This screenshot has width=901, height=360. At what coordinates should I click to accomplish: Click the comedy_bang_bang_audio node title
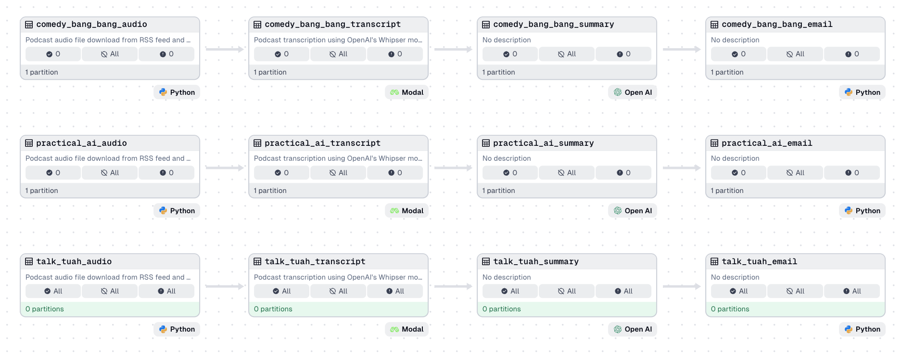click(91, 25)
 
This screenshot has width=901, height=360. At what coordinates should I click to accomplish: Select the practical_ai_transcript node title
click(322, 143)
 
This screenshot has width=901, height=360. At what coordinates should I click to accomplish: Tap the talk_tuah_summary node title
click(535, 261)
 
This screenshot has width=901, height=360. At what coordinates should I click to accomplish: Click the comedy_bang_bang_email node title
click(776, 25)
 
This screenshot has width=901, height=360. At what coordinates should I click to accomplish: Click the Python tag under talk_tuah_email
click(862, 329)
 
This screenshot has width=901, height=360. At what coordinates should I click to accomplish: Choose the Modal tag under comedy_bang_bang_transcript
click(407, 92)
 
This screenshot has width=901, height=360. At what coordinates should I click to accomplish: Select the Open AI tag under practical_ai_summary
click(633, 211)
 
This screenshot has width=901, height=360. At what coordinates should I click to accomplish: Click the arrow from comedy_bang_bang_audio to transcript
click(225, 49)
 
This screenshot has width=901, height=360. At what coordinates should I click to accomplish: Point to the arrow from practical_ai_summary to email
click(682, 168)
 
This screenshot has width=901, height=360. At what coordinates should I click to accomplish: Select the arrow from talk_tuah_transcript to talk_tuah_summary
click(453, 286)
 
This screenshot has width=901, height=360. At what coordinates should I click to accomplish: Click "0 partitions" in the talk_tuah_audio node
click(45, 309)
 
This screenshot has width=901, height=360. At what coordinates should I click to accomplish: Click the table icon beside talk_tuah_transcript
click(257, 262)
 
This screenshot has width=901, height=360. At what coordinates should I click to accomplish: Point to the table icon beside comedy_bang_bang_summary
click(486, 25)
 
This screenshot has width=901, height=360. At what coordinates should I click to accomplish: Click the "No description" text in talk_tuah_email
click(735, 277)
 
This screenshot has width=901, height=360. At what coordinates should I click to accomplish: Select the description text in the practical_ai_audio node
click(108, 158)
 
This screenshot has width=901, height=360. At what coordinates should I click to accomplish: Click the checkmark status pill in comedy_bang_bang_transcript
click(282, 54)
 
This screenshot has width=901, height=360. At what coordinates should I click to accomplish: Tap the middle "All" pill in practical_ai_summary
click(567, 173)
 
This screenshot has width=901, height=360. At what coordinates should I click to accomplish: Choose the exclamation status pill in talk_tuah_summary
click(623, 291)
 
